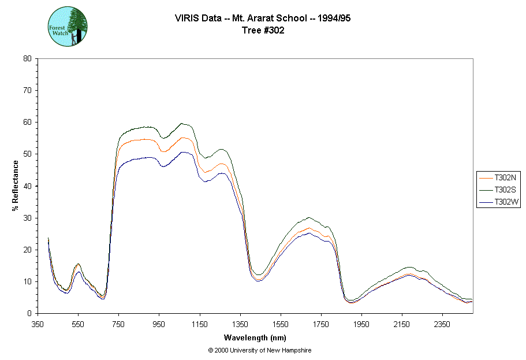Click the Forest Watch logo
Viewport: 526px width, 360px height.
[x=68, y=27]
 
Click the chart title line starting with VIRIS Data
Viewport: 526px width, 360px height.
[x=263, y=18]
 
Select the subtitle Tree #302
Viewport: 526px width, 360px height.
[x=263, y=31]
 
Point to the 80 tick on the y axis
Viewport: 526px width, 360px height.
[x=27, y=58]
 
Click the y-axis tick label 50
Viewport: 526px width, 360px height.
[x=27, y=154]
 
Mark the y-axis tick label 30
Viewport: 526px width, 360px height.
[x=27, y=218]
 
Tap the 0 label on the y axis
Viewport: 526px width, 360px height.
[x=29, y=313]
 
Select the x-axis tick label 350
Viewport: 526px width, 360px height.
[x=38, y=324]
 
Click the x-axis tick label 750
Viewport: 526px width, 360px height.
[x=118, y=324]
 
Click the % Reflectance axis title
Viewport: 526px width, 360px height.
[x=15, y=185]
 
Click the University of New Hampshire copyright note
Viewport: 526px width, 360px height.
[x=260, y=351]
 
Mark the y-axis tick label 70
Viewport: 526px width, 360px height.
[x=27, y=90]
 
